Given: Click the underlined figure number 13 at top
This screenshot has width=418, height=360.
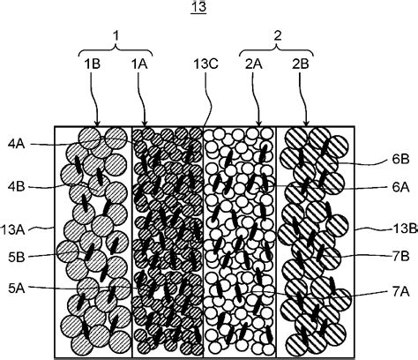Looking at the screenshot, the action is coord(198,7).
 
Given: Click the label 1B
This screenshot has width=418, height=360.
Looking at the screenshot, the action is coord(93,64).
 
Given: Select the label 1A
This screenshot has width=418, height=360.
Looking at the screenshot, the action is coord(139,64).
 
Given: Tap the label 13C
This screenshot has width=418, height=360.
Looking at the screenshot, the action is coord(205,64).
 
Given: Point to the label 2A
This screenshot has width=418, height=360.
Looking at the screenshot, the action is coord(254,64).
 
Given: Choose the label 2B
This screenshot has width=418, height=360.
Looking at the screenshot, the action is coord(300,64).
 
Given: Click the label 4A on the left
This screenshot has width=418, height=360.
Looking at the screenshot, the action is coord(17,145).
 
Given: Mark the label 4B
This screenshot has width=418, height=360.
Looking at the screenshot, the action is coord(17,187).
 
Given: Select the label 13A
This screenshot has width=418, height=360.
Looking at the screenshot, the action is coord(12,229).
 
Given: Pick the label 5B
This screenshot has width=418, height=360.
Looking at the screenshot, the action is coord(17,258).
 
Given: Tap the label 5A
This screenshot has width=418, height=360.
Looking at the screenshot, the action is coord(17,289).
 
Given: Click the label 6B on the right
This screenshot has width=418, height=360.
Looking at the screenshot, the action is coord(400,159).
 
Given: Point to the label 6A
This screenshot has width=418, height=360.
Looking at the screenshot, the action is coord(400,187).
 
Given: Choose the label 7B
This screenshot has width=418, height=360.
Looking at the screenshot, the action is coord(400,257).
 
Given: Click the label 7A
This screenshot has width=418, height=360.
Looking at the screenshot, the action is coord(400,292).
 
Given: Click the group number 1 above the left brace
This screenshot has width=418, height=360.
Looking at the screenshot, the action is coord(116,36).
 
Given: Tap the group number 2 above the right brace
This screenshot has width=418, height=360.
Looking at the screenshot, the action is coord(277,36).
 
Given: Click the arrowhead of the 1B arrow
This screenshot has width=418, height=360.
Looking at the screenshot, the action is coord(97,124).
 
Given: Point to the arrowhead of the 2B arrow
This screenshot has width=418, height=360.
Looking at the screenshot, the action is coord(306,124).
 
